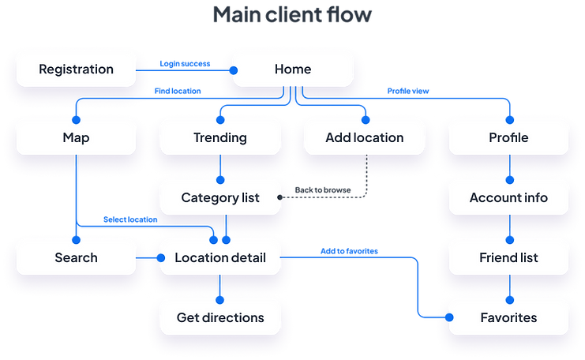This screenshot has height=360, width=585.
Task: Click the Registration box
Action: [x=76, y=69]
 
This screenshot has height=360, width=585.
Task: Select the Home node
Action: [x=292, y=69]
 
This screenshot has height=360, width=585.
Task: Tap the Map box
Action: [x=76, y=137]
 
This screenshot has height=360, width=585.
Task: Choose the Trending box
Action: [x=220, y=137]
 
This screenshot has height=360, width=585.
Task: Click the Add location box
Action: [x=364, y=137]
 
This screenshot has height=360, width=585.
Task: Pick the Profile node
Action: [x=508, y=137]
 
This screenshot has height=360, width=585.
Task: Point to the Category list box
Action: [x=220, y=197]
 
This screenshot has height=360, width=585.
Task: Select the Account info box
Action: [x=508, y=197]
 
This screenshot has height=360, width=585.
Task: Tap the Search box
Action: [x=76, y=257]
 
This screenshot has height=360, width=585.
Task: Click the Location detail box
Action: [x=220, y=257]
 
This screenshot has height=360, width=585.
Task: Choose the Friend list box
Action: [x=508, y=257]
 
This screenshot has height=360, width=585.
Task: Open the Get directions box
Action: [x=220, y=318]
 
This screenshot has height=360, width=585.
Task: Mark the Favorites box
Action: [x=508, y=318]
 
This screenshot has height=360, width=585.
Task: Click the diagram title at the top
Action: [x=292, y=16]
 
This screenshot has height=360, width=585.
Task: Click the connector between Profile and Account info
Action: [x=509, y=167]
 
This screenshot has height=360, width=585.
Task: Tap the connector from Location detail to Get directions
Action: [x=221, y=288]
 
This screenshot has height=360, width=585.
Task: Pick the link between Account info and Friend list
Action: [x=509, y=227]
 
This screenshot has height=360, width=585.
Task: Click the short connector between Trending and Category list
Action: [x=221, y=167]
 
